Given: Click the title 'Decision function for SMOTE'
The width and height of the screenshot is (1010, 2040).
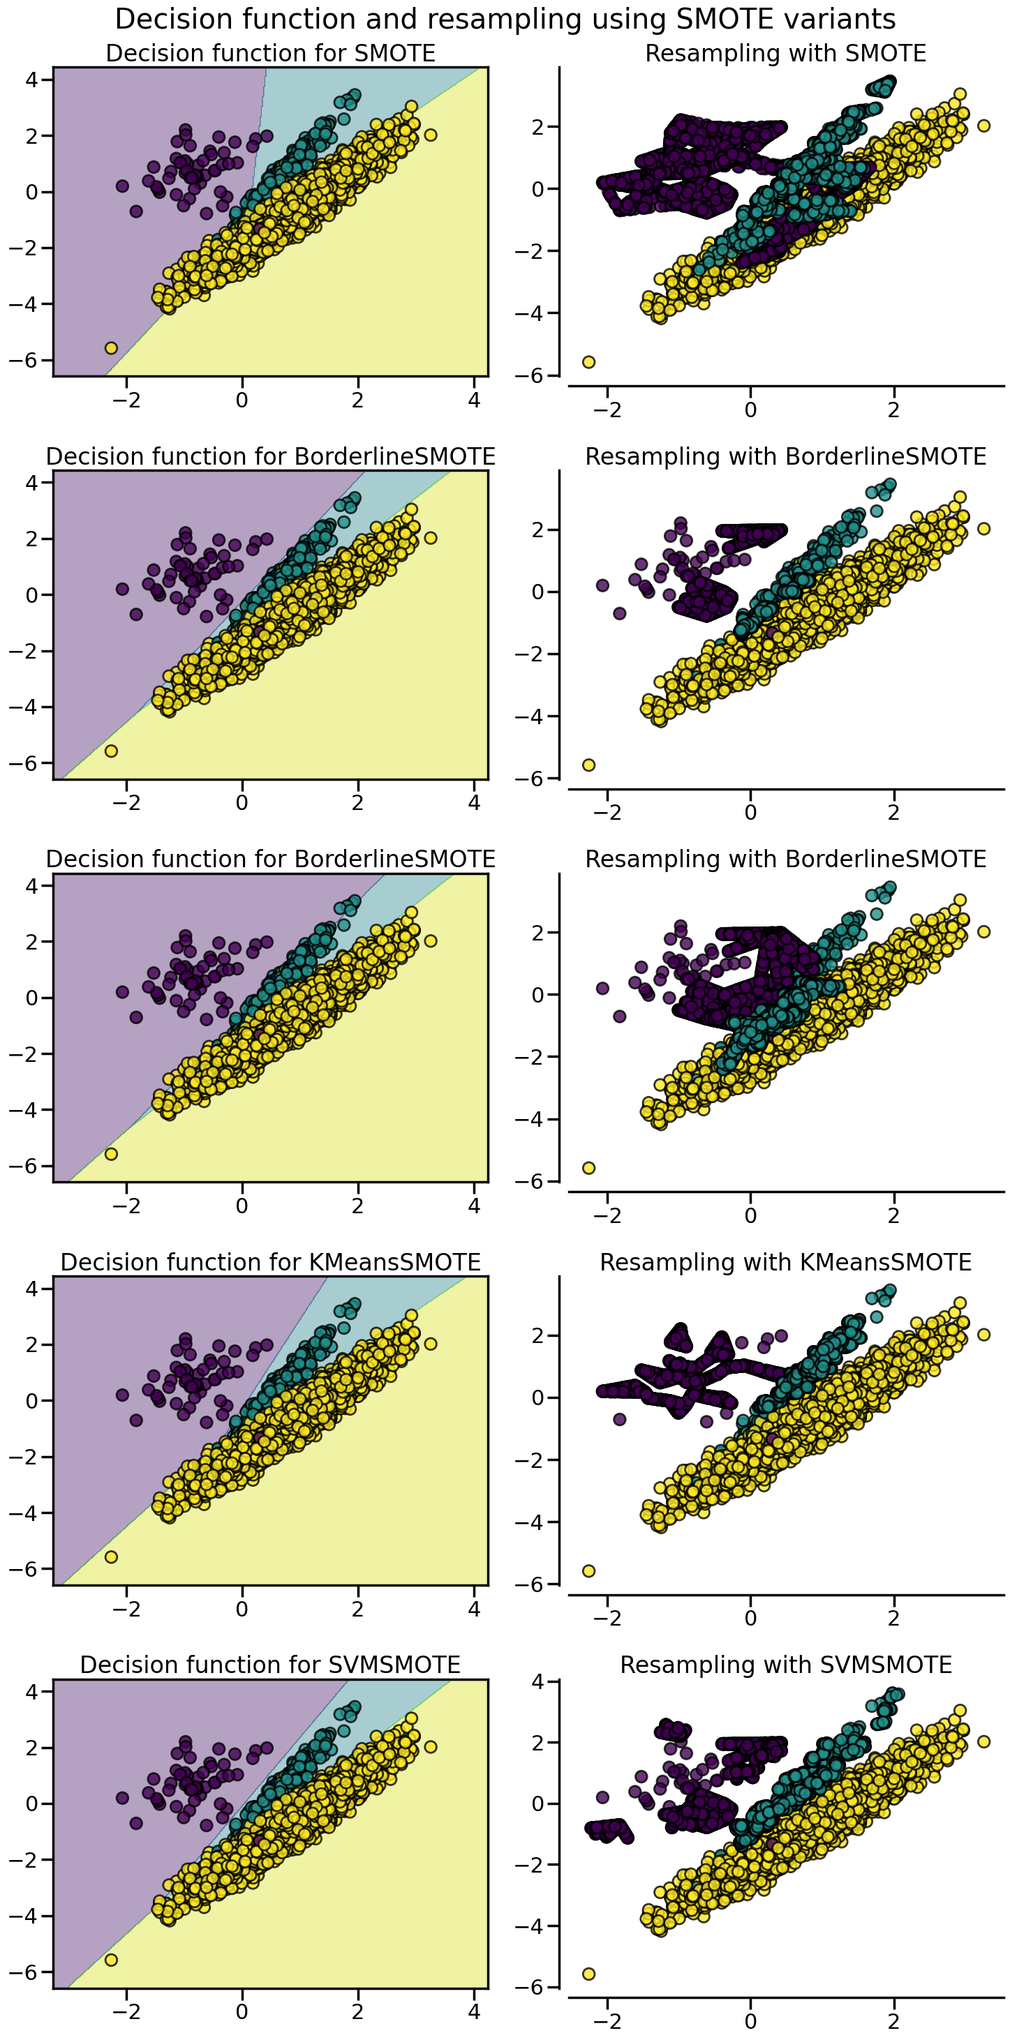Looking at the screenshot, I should (270, 53).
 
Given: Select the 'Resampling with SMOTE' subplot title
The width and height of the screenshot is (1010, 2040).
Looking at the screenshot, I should (785, 53).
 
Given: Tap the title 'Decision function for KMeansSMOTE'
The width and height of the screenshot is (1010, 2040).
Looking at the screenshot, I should (270, 1261).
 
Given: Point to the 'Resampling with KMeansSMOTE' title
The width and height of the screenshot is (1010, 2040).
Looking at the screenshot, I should (785, 1261).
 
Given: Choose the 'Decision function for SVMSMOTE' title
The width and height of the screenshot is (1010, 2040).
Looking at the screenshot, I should (270, 1665).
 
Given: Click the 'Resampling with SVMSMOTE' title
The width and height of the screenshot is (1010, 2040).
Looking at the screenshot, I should (785, 1665).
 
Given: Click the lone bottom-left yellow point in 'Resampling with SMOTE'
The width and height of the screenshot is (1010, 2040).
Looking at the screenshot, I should (588, 362).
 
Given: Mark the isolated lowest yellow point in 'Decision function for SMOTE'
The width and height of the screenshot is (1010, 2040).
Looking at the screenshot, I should (111, 347).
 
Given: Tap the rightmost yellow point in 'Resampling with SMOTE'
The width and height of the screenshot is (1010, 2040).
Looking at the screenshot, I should (984, 125).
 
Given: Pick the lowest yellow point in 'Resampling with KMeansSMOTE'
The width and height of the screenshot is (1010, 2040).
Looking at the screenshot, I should (588, 1570).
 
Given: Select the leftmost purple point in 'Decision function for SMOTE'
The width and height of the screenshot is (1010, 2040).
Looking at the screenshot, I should (122, 186).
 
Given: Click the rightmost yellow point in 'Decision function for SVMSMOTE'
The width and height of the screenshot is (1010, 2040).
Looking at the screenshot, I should (430, 1746).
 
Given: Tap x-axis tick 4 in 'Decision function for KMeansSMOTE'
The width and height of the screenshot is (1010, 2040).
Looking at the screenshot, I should (474, 1610).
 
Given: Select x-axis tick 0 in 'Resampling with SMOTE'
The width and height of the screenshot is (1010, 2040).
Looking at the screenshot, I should (750, 410).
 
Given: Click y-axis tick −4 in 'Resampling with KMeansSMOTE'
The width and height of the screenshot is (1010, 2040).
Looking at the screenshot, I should (529, 1522).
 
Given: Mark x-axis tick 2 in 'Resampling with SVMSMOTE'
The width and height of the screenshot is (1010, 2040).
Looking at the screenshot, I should (893, 2021).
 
